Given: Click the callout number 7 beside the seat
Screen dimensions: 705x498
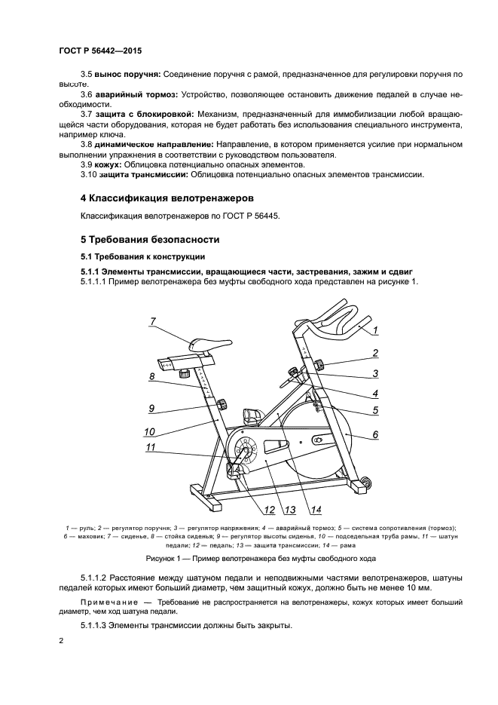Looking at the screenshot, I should pyautogui.click(x=152, y=321).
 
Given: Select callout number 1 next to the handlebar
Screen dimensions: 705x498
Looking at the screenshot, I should pyautogui.click(x=374, y=330).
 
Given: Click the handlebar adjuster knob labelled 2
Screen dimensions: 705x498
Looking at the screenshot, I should pyautogui.click(x=319, y=366).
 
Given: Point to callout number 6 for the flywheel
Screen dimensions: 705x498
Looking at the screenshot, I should pyautogui.click(x=374, y=434).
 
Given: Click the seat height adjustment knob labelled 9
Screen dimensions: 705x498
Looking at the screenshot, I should pyautogui.click(x=223, y=407).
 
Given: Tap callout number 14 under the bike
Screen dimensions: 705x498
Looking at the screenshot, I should pyautogui.click(x=316, y=507).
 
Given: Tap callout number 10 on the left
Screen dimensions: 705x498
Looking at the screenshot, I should pyautogui.click(x=149, y=432).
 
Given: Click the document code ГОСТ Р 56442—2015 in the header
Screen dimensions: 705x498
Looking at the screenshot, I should pyautogui.click(x=99, y=50).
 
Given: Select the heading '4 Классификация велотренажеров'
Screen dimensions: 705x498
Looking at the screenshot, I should pyautogui.click(x=167, y=198).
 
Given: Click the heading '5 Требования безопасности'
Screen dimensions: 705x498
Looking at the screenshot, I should pyautogui.click(x=150, y=240).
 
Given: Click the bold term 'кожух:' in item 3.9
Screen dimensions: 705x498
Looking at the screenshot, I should pyautogui.click(x=108, y=164).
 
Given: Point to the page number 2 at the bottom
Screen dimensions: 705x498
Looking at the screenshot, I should pyautogui.click(x=61, y=640).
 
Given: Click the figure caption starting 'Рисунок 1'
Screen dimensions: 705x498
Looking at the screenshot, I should pyautogui.click(x=249, y=559).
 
